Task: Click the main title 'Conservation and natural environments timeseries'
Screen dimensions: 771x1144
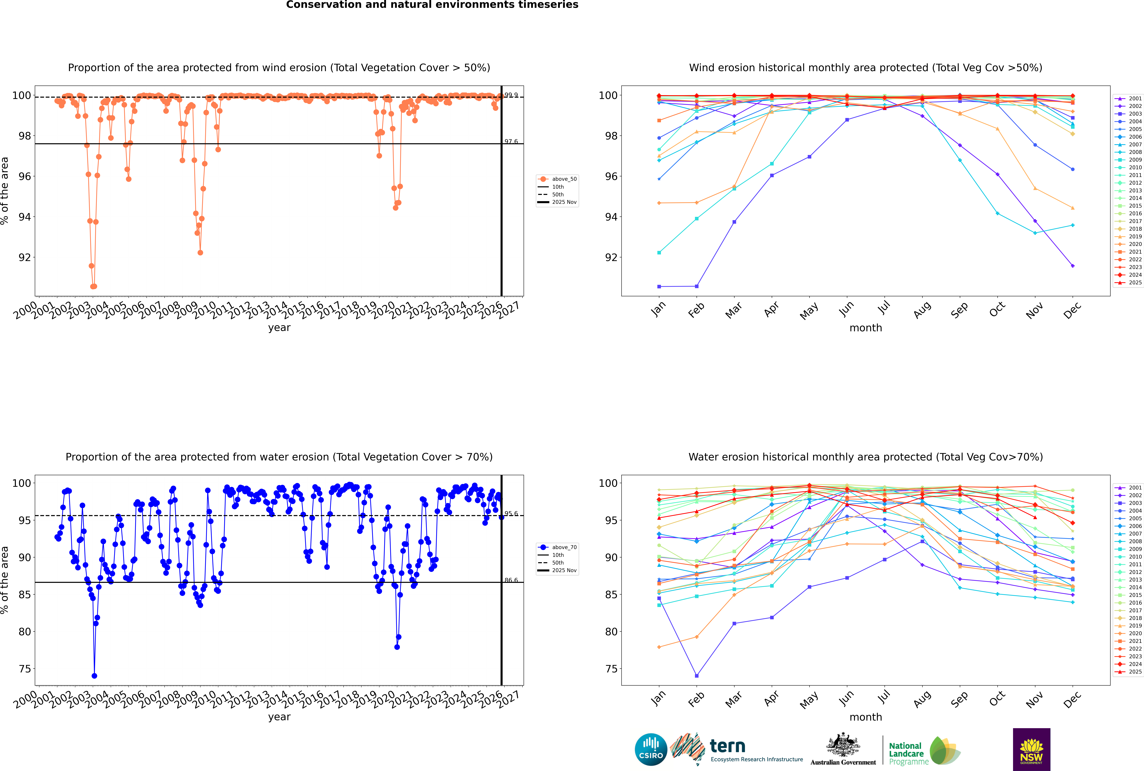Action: [432, 5]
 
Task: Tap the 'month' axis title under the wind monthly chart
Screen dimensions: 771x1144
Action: [866, 328]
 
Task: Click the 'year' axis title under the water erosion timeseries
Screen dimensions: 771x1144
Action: [279, 717]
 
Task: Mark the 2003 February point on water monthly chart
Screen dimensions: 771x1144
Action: [696, 676]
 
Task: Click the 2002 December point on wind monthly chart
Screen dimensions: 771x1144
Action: [1073, 266]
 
